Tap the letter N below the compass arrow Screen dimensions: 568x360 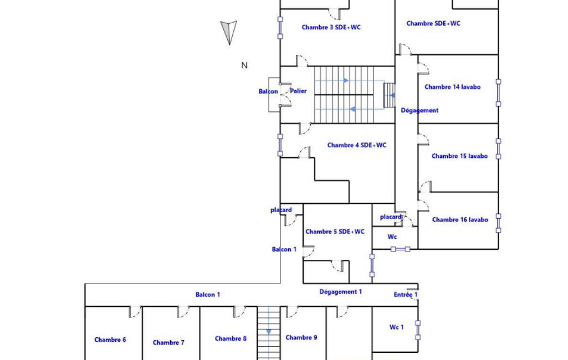[244, 65]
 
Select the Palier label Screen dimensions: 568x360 [299, 91]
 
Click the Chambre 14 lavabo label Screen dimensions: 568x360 [452, 87]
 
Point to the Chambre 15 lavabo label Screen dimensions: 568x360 [460, 156]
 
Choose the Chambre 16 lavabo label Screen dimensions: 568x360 [460, 219]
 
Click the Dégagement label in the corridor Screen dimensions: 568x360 [419, 110]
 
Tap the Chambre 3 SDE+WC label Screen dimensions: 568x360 [331, 27]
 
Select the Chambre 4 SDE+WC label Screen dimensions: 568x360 [357, 145]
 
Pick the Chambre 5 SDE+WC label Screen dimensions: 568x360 [335, 232]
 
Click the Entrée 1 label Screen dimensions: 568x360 [406, 295]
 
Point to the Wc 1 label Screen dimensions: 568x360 [397, 327]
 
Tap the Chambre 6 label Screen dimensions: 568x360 [110, 340]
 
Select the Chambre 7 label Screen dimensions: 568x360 [168, 343]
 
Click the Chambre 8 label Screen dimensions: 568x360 [231, 338]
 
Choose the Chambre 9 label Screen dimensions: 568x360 [301, 337]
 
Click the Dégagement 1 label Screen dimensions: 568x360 [340, 291]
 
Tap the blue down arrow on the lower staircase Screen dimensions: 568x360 [269, 331]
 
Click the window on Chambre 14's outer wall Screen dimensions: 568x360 [498, 92]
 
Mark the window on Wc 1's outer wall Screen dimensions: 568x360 [418, 330]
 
